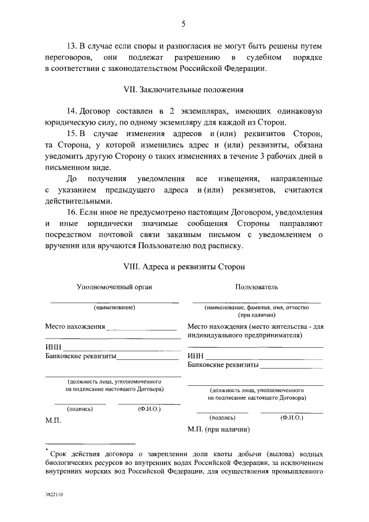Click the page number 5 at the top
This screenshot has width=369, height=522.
coord(183,24)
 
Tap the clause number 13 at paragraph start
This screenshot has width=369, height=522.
coord(71,45)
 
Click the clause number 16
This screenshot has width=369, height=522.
coord(71,213)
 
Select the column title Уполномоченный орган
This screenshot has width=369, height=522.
coord(115,287)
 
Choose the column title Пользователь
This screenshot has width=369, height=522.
coord(257,287)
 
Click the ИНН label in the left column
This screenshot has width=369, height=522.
coord(54,347)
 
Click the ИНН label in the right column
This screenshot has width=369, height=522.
coord(196,356)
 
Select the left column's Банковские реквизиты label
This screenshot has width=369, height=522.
coord(81,356)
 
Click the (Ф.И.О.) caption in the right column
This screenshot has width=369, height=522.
coord(292,417)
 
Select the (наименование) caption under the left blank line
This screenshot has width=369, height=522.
coord(115,307)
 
